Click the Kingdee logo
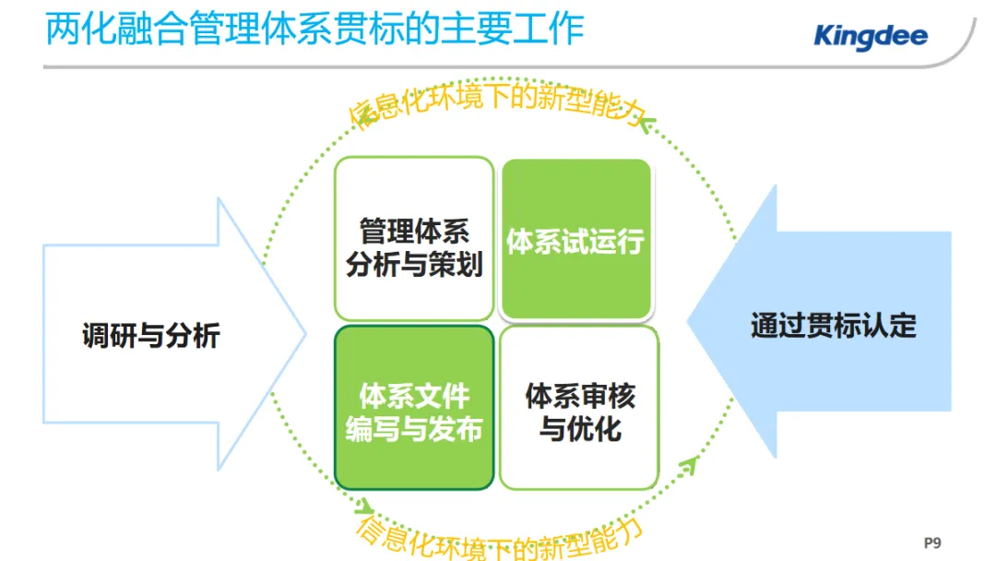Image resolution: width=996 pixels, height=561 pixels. [x=870, y=37]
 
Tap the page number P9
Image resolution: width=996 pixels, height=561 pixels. [x=932, y=543]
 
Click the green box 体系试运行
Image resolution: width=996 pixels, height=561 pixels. [x=575, y=241]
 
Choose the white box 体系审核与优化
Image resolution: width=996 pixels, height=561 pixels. [x=580, y=412]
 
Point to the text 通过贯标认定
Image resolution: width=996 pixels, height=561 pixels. [x=833, y=325]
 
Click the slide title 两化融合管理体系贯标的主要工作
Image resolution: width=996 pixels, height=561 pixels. [x=314, y=30]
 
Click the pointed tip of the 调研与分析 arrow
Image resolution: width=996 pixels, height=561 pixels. [x=303, y=333]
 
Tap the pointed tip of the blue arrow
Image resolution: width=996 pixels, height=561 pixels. [x=691, y=323]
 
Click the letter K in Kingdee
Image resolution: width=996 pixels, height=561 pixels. [x=824, y=37]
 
